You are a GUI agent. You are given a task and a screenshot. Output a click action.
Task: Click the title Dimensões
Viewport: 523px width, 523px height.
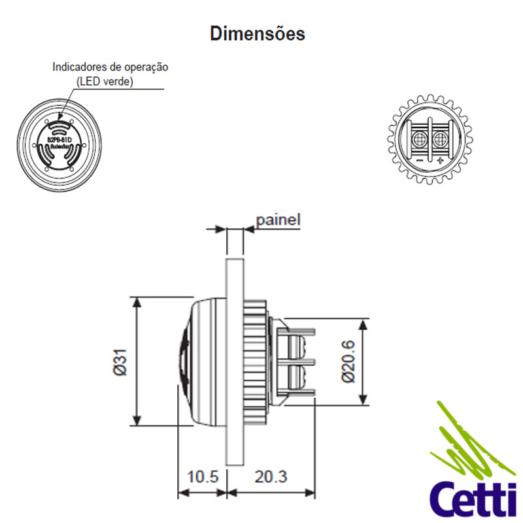click(257, 33)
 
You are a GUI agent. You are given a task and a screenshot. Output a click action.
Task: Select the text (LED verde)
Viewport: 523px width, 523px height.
click(105, 81)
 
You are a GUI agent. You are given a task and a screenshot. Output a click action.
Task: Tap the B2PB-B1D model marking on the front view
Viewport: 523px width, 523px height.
click(59, 139)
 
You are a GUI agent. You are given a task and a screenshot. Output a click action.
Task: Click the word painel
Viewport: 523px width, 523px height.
click(278, 220)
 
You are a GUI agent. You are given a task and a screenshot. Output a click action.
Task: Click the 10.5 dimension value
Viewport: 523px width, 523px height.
click(202, 476)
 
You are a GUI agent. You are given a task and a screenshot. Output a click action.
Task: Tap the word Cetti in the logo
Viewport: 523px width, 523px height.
click(469, 499)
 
